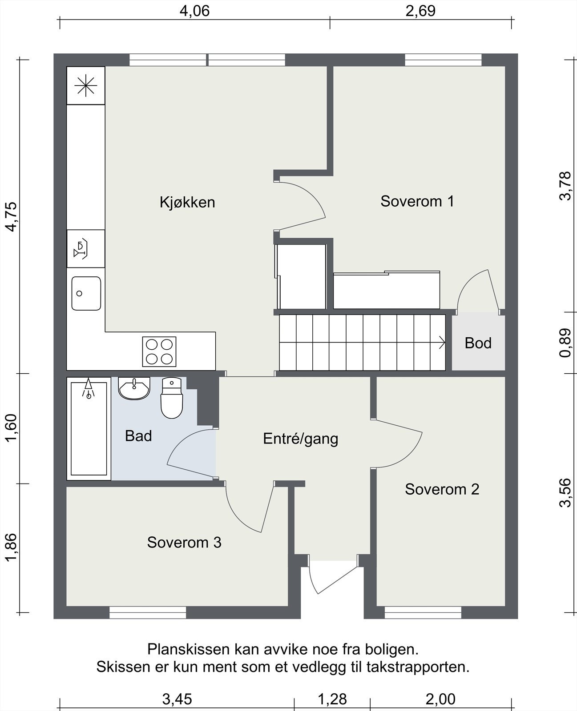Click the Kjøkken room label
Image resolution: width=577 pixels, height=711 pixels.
[187, 202]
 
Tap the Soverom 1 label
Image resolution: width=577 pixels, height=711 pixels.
[417, 201]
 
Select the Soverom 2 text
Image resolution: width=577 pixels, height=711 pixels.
[442, 489]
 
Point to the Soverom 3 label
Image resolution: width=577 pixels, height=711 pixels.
[184, 543]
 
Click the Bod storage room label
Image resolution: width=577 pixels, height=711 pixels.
[478, 343]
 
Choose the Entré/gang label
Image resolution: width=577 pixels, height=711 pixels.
[300, 439]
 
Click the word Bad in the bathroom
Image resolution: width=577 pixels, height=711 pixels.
[138, 436]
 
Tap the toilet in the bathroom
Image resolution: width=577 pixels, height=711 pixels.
[172, 398]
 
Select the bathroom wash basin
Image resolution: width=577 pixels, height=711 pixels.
[134, 388]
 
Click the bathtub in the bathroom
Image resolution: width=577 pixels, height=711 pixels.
[89, 429]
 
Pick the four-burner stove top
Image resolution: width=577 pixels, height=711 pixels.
[159, 352]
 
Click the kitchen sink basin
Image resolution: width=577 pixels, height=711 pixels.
[86, 293]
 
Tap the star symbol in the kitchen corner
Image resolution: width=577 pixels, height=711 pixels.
[85, 86]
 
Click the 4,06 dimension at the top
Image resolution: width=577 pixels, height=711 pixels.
[194, 11]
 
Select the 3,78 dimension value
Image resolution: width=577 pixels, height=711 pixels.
[565, 186]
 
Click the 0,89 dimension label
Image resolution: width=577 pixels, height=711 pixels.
[565, 343]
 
